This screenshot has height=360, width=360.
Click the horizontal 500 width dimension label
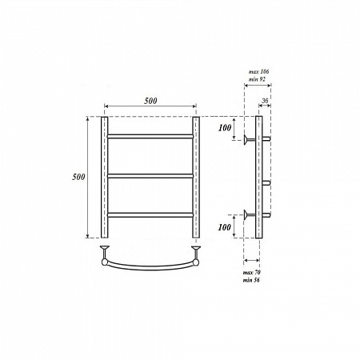click(150, 101)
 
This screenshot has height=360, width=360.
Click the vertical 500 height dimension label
click(78, 177)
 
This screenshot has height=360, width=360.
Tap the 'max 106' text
click(258, 71)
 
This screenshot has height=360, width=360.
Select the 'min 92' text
click(257, 79)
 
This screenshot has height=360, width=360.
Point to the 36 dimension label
click(265, 101)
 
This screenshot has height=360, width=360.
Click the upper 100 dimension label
click(225, 128)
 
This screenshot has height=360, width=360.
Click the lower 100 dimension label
click(225, 227)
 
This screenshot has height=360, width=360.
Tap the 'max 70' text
click(252, 273)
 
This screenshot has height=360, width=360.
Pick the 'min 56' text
click(251, 280)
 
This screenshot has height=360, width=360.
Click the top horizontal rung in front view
click(150, 137)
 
